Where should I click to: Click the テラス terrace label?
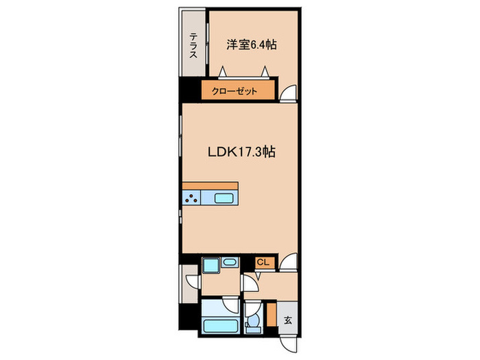[193, 45]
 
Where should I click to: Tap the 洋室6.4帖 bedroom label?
[252, 45]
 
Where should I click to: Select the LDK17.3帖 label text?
[241, 152]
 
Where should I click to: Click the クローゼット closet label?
[235, 91]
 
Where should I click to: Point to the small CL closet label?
[263, 262]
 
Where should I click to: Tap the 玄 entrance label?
[288, 320]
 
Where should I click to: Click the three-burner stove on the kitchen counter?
[191, 197]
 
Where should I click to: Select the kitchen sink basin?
[224, 198]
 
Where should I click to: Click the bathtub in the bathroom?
[221, 326]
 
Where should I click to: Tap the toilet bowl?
[253, 321]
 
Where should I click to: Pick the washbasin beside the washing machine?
[230, 262]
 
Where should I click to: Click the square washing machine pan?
[211, 265]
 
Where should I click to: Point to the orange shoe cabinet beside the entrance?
[272, 314]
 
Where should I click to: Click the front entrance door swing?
[289, 345]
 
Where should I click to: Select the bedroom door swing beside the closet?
[289, 93]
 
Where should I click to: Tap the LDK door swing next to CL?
[289, 262]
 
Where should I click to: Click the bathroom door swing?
[231, 304]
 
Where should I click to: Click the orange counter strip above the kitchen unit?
[211, 186]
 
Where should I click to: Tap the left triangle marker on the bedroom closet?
[223, 71]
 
